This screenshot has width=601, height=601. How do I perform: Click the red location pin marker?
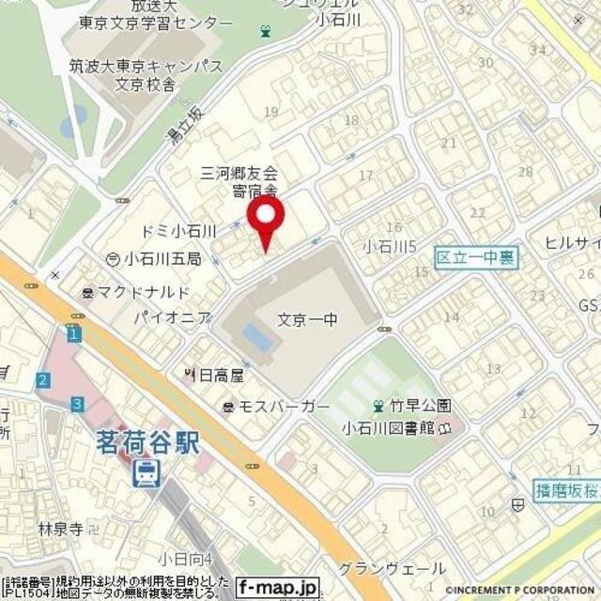pos(267,220)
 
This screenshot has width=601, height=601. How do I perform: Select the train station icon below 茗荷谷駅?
pos(146,471)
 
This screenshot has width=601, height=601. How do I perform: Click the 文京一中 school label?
pos(308,320)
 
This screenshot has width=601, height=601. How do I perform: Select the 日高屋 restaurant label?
pos(220,375)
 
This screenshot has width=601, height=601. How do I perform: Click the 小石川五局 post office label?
pos(159,258)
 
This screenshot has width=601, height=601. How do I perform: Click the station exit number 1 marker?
pos(74,333)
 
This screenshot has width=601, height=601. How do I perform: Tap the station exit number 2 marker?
pos(43,379)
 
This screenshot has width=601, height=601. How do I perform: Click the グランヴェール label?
pos(405,569)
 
